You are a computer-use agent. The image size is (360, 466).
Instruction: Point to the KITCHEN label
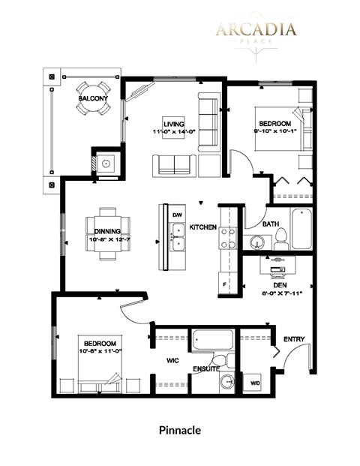pos(202,227)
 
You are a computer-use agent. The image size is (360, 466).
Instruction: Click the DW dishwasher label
pos(177,215)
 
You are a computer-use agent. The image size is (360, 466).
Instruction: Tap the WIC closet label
pos(172,359)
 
